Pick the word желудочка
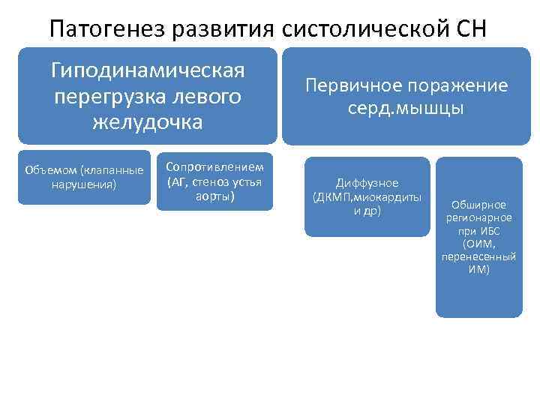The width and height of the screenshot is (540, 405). (x=148, y=121)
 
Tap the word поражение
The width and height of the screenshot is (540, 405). (x=457, y=85)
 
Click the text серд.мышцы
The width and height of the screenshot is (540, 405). (x=406, y=109)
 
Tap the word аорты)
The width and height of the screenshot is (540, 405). (x=214, y=196)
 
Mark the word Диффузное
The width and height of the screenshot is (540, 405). (x=367, y=183)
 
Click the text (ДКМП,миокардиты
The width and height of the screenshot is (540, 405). (x=367, y=197)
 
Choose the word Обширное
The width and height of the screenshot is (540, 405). (x=478, y=205)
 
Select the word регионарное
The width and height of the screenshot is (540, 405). (x=478, y=217)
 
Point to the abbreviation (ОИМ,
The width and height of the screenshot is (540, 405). (x=478, y=244)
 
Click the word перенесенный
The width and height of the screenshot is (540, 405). (x=478, y=256)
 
